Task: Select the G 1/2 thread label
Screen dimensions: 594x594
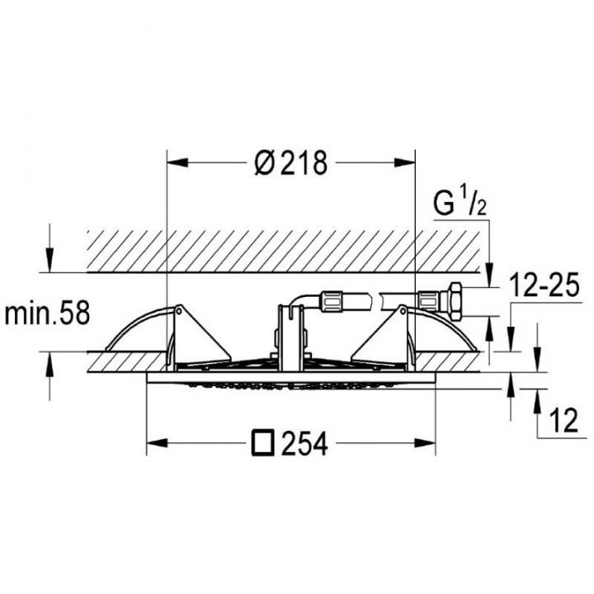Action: click(460, 202)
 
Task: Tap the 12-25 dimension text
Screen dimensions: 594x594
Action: click(541, 287)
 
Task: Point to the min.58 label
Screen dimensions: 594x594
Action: click(46, 313)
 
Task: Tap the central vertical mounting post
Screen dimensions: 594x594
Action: click(288, 338)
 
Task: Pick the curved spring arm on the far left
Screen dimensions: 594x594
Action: click(132, 330)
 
